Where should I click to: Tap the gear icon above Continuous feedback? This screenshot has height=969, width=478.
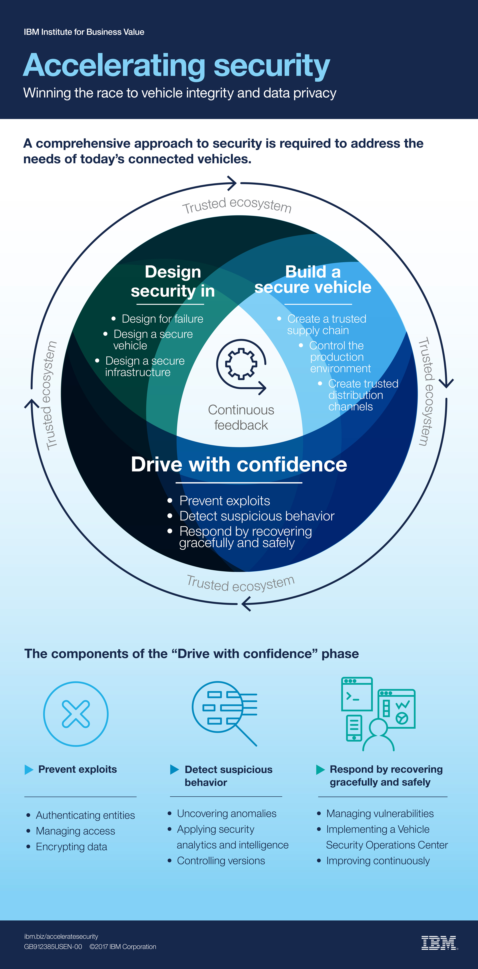click(241, 363)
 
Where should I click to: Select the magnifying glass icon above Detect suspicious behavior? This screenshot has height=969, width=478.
click(224, 713)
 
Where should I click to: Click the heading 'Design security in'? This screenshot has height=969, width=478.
click(173, 281)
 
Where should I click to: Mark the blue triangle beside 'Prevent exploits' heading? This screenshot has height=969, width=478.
click(29, 770)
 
